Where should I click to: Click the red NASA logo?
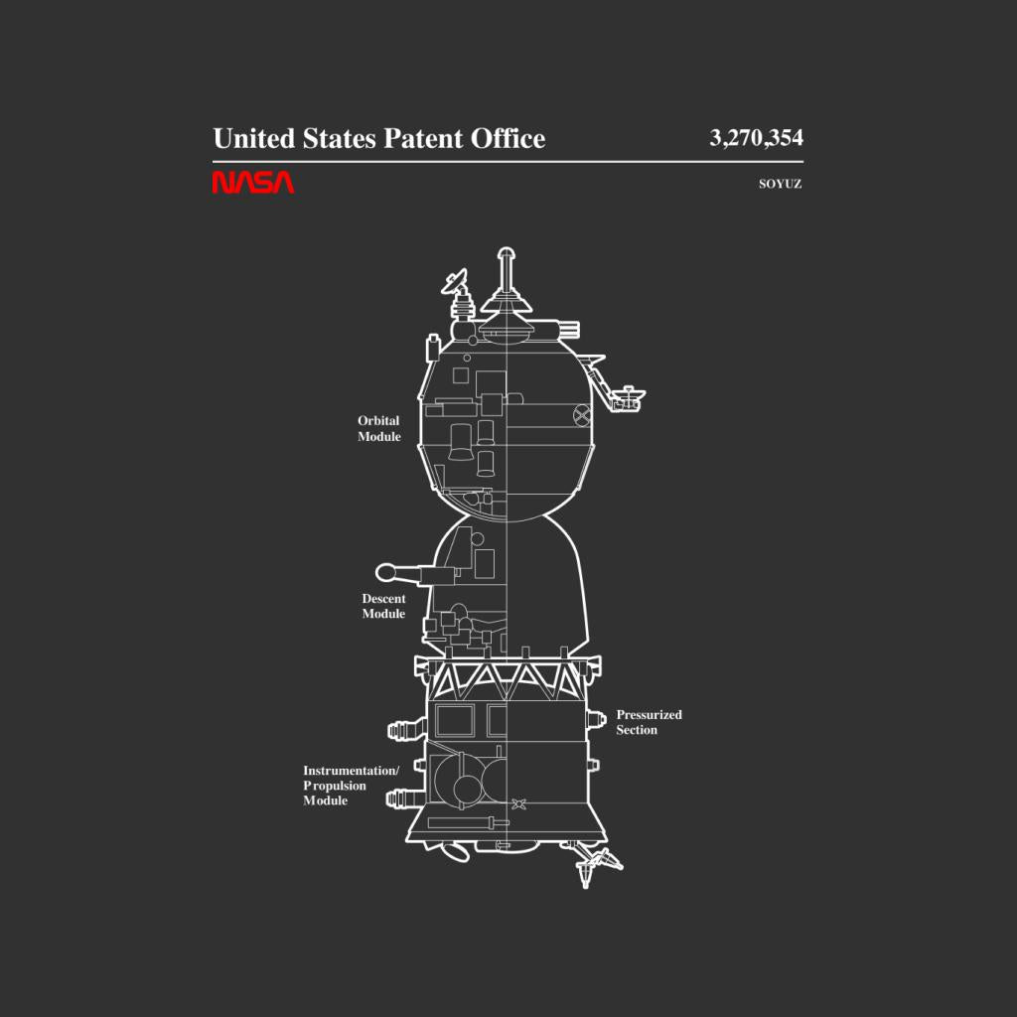(x=253, y=183)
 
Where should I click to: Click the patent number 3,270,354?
(x=756, y=137)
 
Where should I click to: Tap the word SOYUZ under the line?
(x=781, y=184)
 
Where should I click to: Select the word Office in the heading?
(x=508, y=138)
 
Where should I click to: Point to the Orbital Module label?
(x=378, y=429)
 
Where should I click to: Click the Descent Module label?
(x=383, y=606)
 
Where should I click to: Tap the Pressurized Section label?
(x=649, y=722)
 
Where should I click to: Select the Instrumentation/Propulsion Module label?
(x=351, y=786)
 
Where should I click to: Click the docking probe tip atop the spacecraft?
(x=506, y=254)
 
